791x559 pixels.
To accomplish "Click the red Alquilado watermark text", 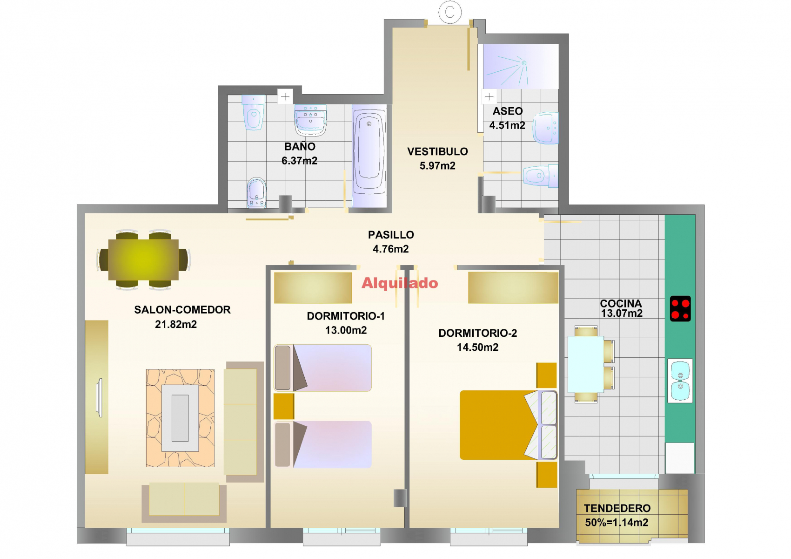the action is click(x=400, y=283).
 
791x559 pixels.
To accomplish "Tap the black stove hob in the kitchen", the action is click(x=680, y=309).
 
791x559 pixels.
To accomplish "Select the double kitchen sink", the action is click(x=680, y=381).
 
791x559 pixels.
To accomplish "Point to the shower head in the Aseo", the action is click(x=524, y=63).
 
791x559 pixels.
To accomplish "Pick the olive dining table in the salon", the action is click(x=143, y=260).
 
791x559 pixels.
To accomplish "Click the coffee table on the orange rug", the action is click(x=180, y=418).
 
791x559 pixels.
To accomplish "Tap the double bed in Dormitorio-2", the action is click(x=508, y=425).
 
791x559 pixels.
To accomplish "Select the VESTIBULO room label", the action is click(x=437, y=152).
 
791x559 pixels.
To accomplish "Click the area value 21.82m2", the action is click(x=176, y=324).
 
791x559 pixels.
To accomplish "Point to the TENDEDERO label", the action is click(x=617, y=508).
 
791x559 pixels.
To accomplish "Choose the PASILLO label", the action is click(x=391, y=235).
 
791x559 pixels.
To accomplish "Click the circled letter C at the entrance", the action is click(x=450, y=13).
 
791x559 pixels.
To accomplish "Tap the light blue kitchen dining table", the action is click(x=585, y=365).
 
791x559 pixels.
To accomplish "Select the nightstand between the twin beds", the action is click(x=284, y=406).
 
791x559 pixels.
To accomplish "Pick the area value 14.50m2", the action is click(x=478, y=347).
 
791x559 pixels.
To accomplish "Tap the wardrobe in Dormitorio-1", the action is click(x=313, y=288).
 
